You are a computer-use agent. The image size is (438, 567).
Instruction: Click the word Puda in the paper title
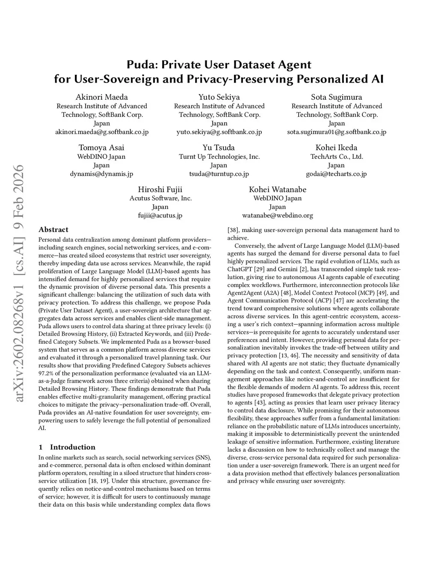tap(139, 65)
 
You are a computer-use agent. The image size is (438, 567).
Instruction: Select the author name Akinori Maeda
tap(102, 97)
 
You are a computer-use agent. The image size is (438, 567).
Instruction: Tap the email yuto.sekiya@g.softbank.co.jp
tap(219, 132)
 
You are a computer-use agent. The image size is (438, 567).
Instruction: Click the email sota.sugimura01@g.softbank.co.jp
tap(336, 132)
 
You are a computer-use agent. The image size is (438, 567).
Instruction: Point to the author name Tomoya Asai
tap(101, 148)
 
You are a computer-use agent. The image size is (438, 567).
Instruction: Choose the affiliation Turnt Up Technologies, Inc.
tap(219, 157)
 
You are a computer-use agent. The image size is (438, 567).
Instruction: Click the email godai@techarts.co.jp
tap(336, 174)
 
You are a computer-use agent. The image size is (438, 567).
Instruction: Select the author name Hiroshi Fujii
tap(160, 190)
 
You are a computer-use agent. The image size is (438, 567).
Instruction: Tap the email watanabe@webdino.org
tap(277, 215)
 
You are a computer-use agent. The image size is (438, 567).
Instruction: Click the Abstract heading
tap(53, 230)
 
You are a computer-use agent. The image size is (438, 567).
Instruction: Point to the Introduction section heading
tap(72, 447)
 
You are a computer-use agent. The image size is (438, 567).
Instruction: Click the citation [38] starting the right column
tap(233, 230)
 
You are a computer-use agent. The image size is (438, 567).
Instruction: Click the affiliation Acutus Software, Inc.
tap(160, 198)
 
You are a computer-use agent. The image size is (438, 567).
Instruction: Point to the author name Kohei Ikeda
tap(336, 148)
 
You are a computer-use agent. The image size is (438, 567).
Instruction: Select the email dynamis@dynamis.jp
tap(101, 174)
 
